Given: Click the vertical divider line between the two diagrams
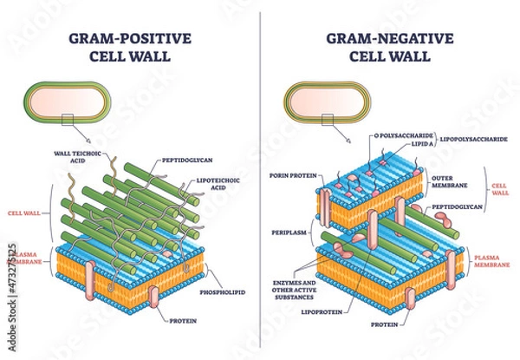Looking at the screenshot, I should pyautogui.click(x=260, y=173).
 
